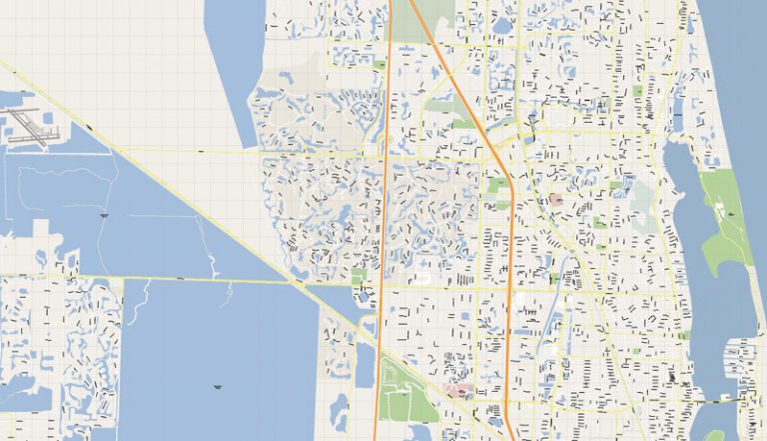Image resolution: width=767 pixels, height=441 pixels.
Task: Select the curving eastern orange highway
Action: [x=508, y=250]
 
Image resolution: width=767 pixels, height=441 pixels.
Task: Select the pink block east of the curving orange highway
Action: [x=556, y=201]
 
